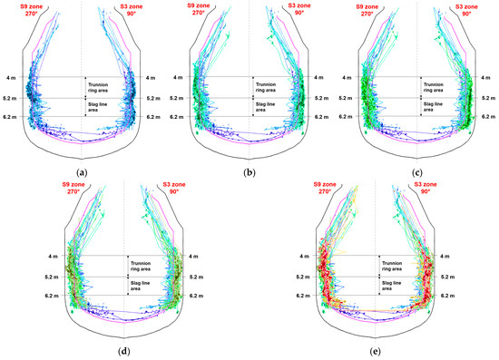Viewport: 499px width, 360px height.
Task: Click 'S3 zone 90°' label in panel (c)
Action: (x=470, y=10)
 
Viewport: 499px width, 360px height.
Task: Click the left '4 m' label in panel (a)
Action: (x=12, y=78)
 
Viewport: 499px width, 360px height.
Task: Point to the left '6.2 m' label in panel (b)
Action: (x=180, y=117)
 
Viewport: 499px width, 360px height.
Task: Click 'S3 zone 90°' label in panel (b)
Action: (x=304, y=10)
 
